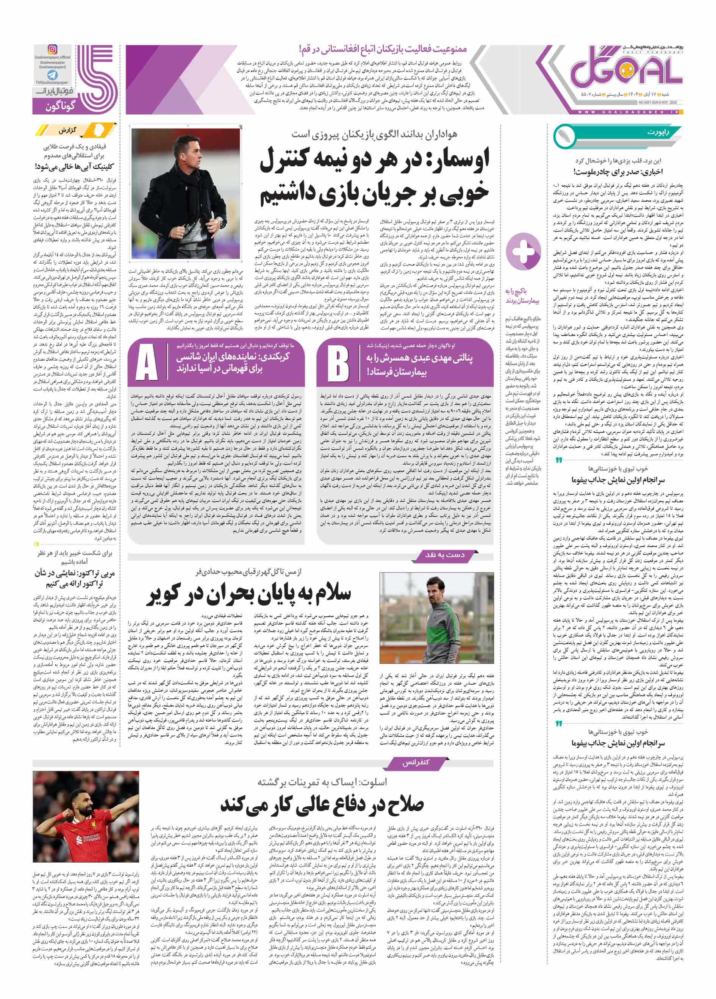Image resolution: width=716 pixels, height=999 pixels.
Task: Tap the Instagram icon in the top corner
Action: [52, 50]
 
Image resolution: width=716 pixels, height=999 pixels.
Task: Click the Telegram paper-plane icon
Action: [52, 75]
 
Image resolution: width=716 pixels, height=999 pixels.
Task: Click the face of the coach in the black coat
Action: [185, 150]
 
